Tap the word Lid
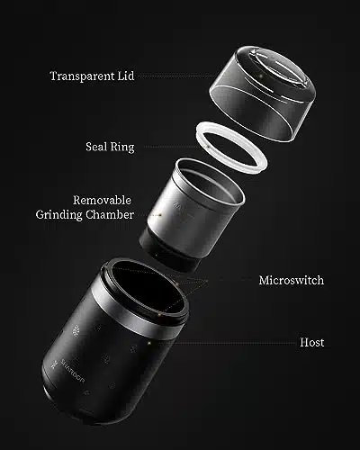(x=126, y=76)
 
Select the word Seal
(x=96, y=147)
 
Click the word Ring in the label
(x=122, y=148)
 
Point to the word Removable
(x=102, y=200)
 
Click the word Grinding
(x=58, y=215)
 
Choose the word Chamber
(x=110, y=214)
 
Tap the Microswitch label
(x=292, y=280)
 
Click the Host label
(x=312, y=342)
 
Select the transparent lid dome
(x=263, y=94)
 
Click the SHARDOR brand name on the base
(x=73, y=371)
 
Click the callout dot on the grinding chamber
(x=160, y=215)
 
